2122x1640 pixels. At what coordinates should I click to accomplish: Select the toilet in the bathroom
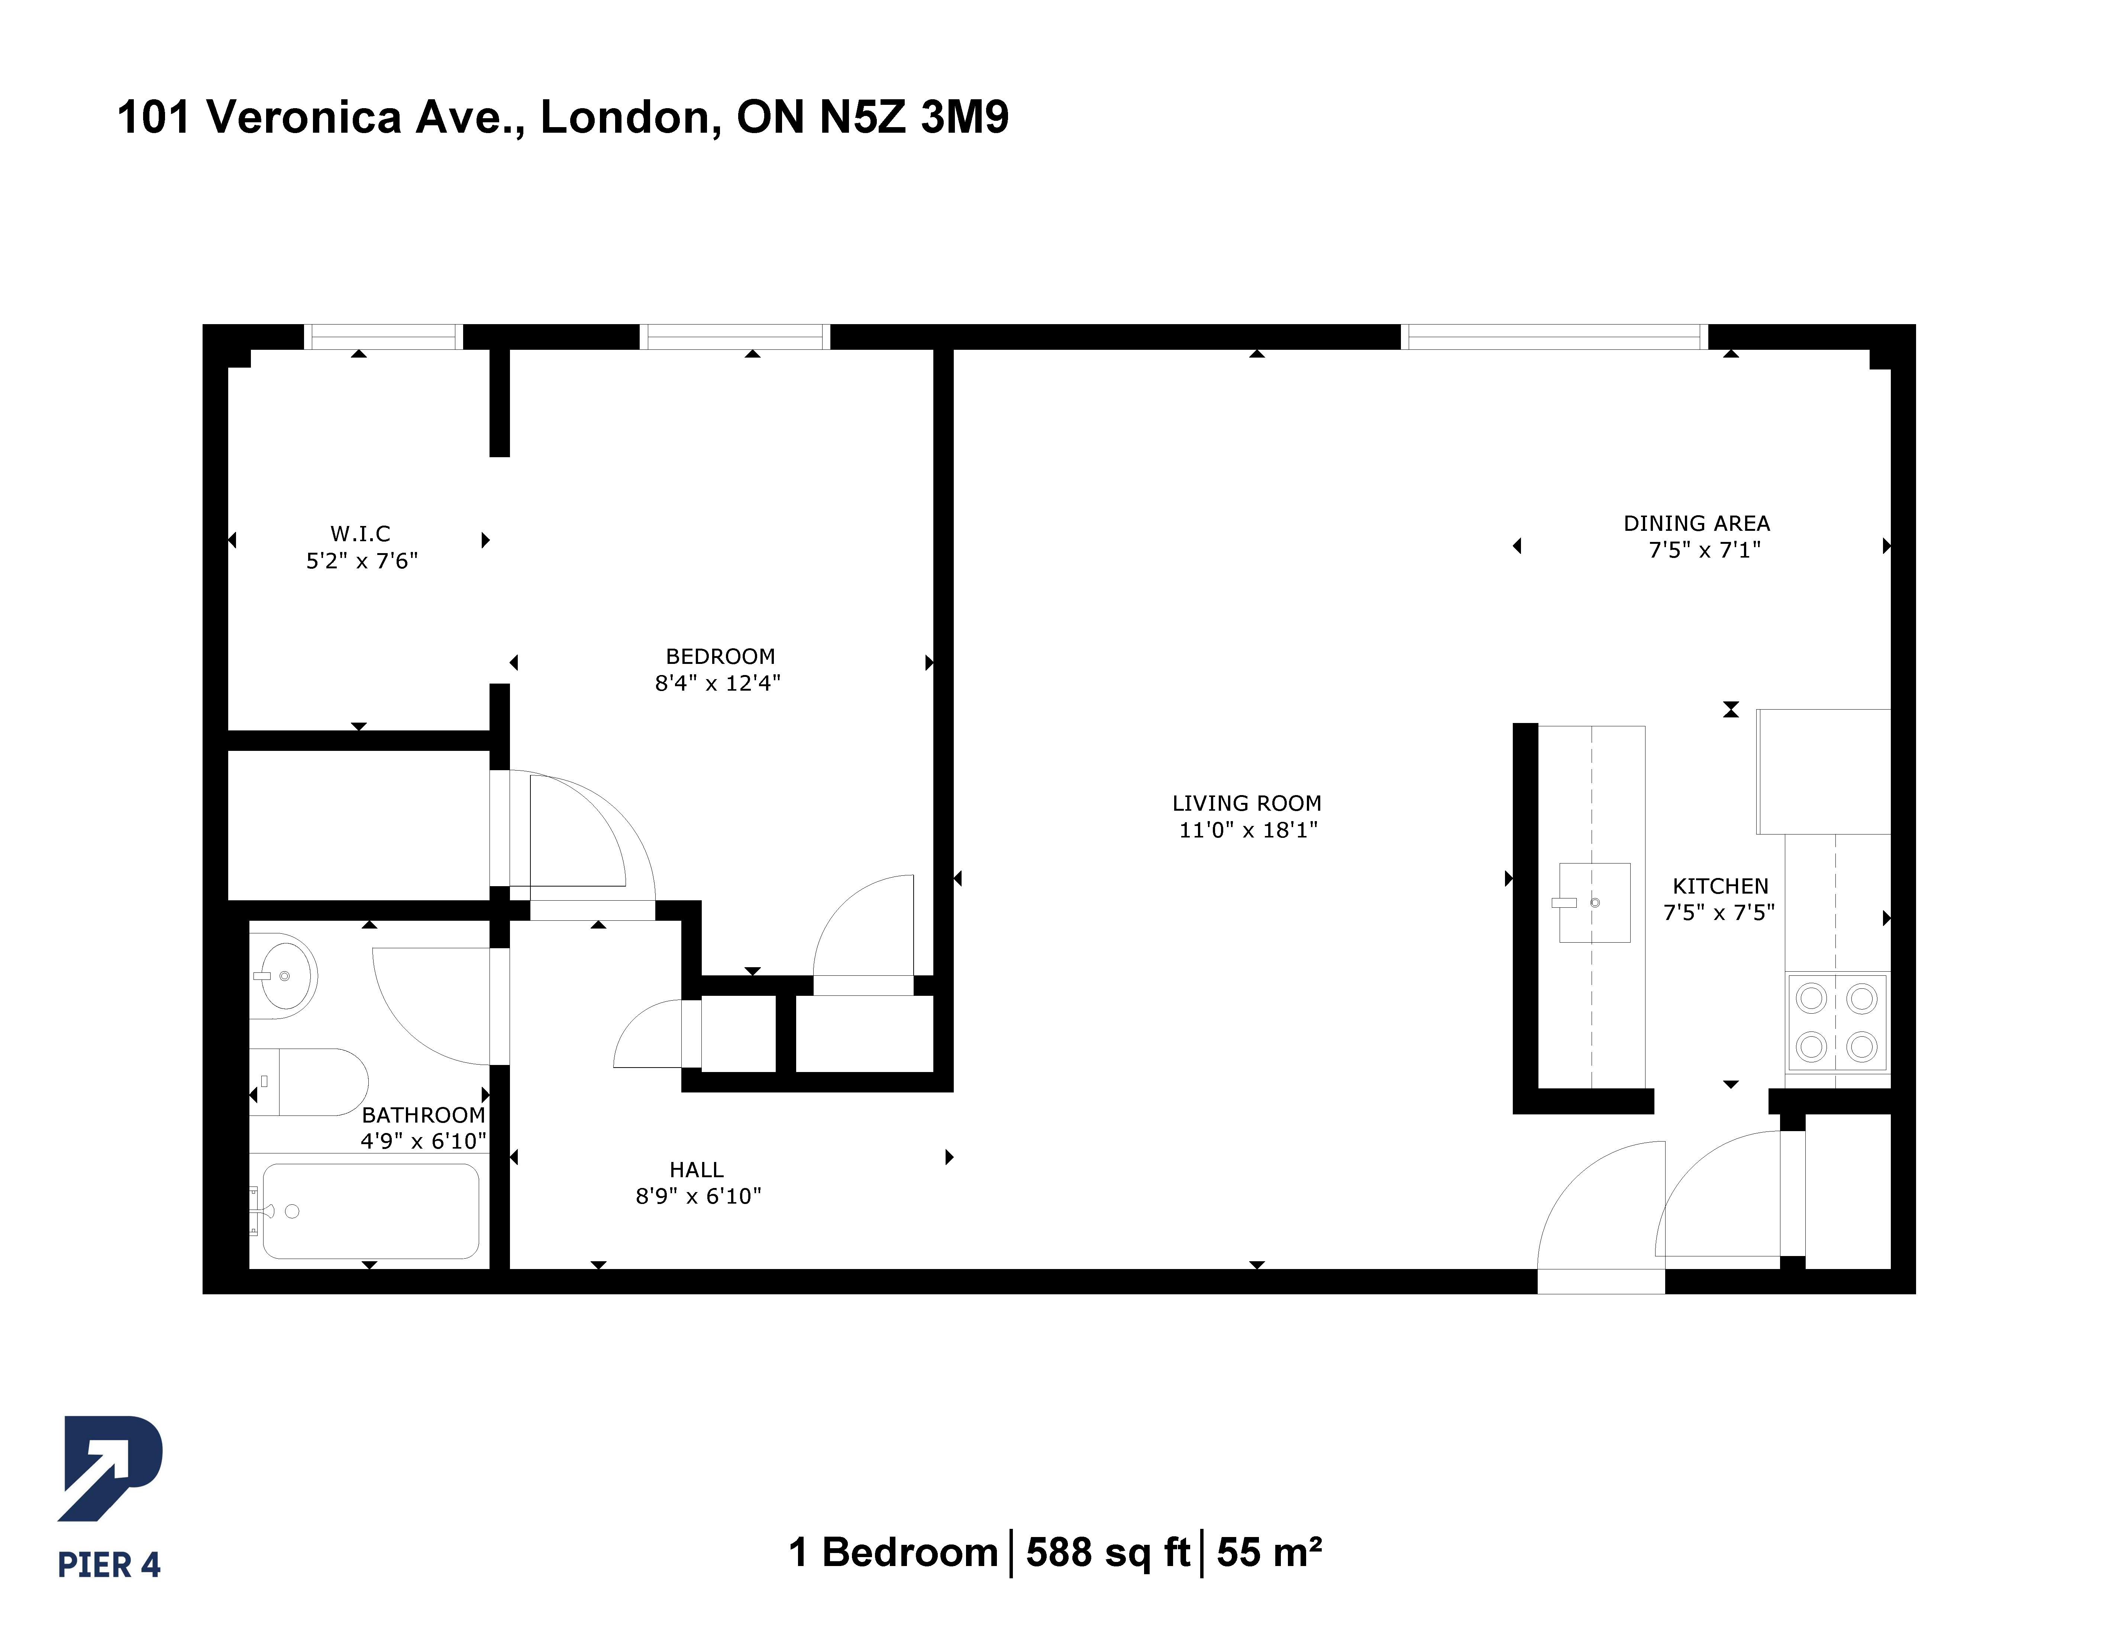[x=309, y=1081]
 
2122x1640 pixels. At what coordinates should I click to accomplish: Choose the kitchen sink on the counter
[x=1595, y=903]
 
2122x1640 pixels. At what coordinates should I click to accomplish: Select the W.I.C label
[x=361, y=533]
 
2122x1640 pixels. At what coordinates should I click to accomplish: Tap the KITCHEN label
[x=1721, y=886]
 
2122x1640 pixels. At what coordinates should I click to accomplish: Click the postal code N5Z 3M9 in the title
[x=914, y=117]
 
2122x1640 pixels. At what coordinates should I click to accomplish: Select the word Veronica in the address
[x=304, y=117]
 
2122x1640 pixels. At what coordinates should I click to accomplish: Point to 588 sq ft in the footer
[x=1108, y=1553]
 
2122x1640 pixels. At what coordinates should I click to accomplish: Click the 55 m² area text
[x=1269, y=1553]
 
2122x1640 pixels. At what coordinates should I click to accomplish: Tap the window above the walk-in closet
[x=384, y=336]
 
